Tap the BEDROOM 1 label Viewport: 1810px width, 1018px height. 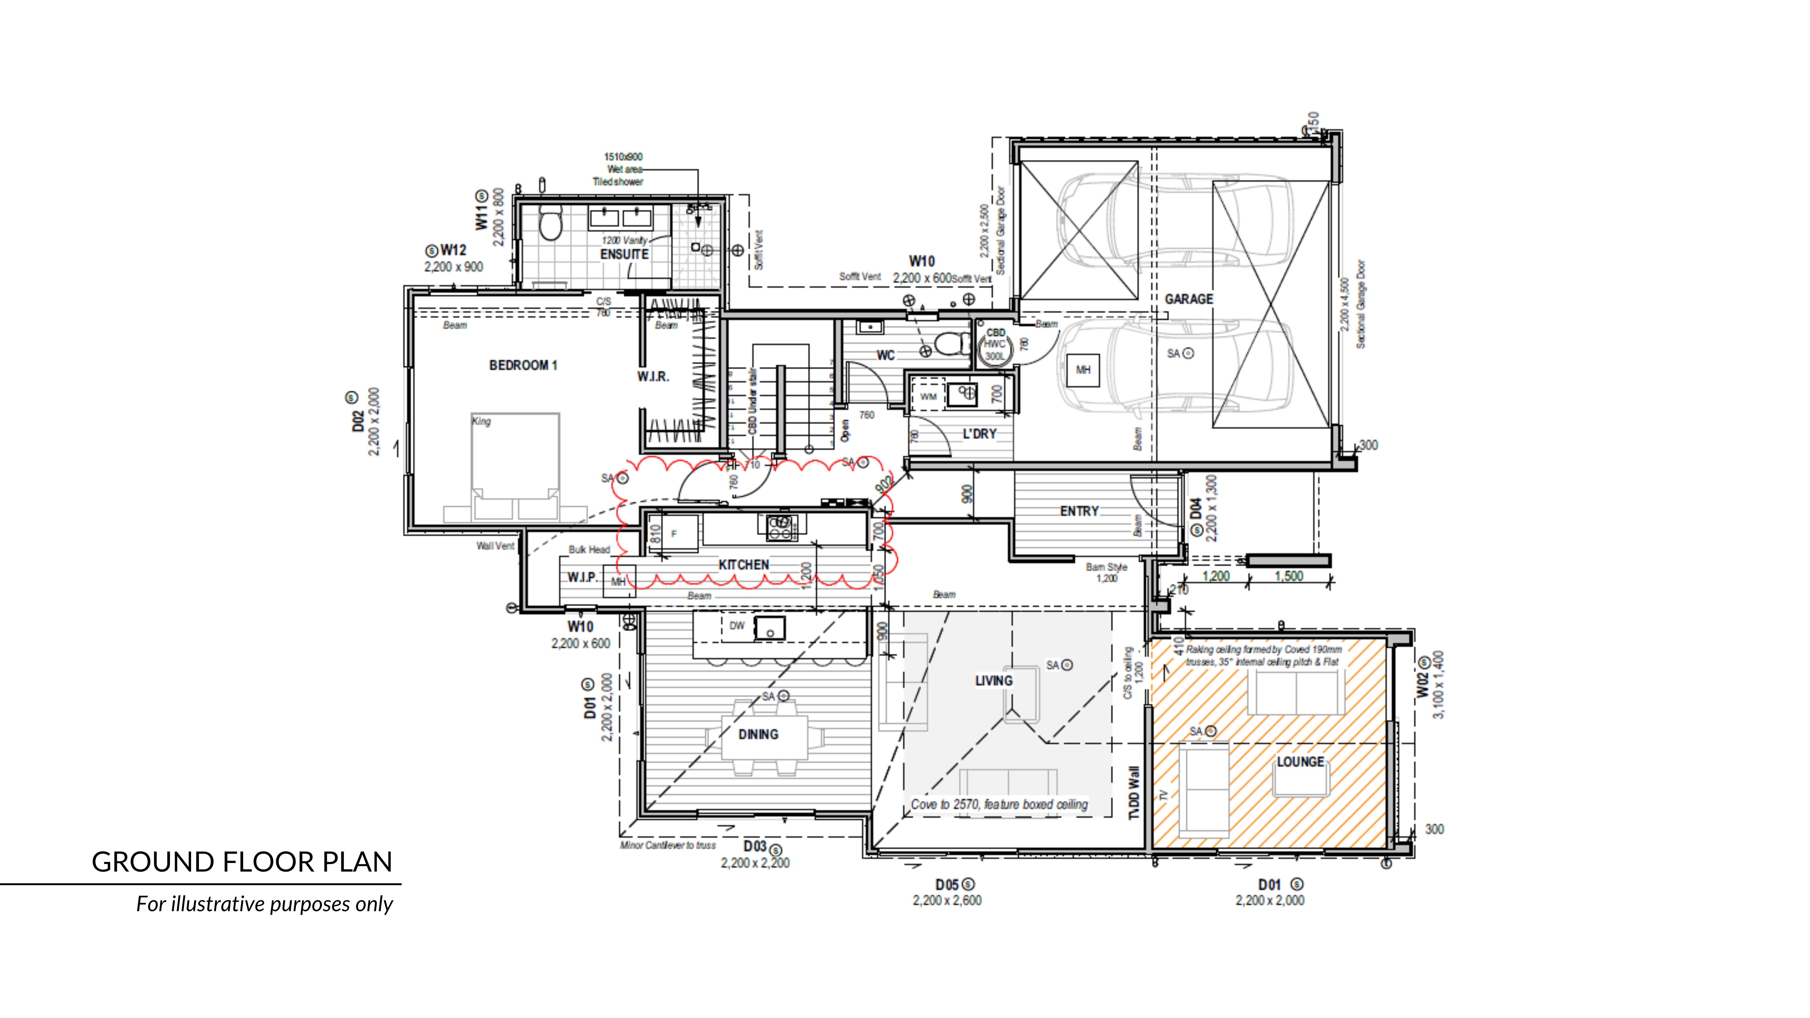click(523, 365)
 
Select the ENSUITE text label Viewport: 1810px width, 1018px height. click(624, 254)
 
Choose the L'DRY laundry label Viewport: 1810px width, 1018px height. click(979, 434)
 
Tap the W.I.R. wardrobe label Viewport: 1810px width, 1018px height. click(653, 377)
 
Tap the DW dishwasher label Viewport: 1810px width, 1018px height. click(736, 626)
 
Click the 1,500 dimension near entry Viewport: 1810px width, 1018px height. click(1289, 577)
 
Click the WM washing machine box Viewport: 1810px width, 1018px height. click(928, 397)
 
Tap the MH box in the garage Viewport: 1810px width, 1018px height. click(1083, 369)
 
